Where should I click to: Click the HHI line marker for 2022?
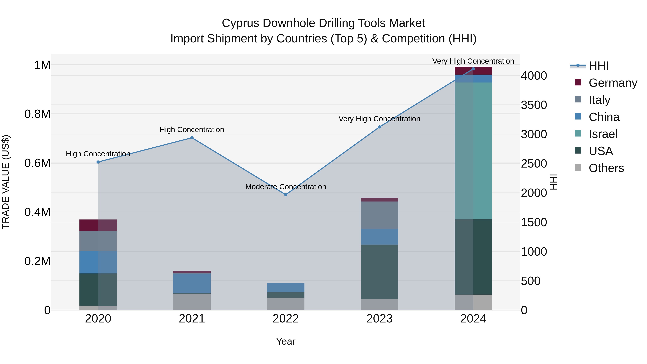coord(286,195)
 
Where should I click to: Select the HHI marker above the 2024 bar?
coord(473,69)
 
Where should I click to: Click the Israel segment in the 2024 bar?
coord(473,151)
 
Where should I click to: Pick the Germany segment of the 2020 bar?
coord(98,225)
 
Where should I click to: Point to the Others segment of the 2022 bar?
coord(286,304)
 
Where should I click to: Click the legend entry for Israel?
coord(603,134)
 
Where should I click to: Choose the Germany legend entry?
coord(613,83)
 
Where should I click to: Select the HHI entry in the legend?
coord(598,66)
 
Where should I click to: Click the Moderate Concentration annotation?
coord(286,187)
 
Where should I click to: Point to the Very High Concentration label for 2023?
coord(379,119)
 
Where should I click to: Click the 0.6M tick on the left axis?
coord(37,163)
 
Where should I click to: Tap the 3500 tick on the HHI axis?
coord(534,105)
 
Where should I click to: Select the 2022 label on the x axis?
coord(286,319)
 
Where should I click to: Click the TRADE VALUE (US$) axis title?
coord(6,182)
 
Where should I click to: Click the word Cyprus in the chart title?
coord(241,23)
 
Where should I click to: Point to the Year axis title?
coord(286,341)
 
